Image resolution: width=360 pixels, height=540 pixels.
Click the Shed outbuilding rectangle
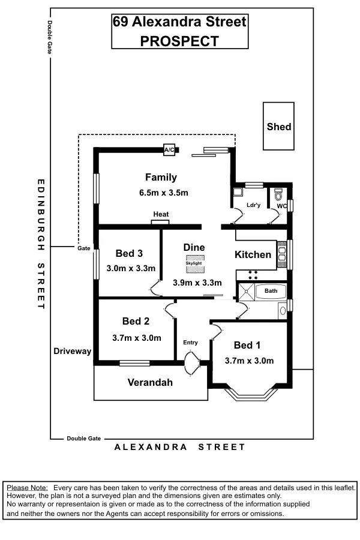278,126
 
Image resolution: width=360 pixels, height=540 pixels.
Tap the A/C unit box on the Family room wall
169,150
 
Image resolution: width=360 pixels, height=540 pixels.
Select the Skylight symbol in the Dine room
194,262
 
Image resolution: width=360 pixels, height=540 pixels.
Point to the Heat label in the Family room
161,214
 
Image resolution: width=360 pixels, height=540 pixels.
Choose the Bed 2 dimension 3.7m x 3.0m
137,338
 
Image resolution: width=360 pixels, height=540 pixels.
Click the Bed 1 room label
248,346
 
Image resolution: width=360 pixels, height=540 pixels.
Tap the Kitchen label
253,254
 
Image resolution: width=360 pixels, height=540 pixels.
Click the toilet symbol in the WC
278,195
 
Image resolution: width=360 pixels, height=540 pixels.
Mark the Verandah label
150,382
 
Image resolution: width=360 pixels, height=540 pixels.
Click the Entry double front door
191,364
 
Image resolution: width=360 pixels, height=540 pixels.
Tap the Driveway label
71,351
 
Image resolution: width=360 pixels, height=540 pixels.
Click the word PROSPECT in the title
179,41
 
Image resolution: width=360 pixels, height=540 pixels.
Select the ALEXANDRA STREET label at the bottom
180,447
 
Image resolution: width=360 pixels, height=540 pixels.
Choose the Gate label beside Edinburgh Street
83,248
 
